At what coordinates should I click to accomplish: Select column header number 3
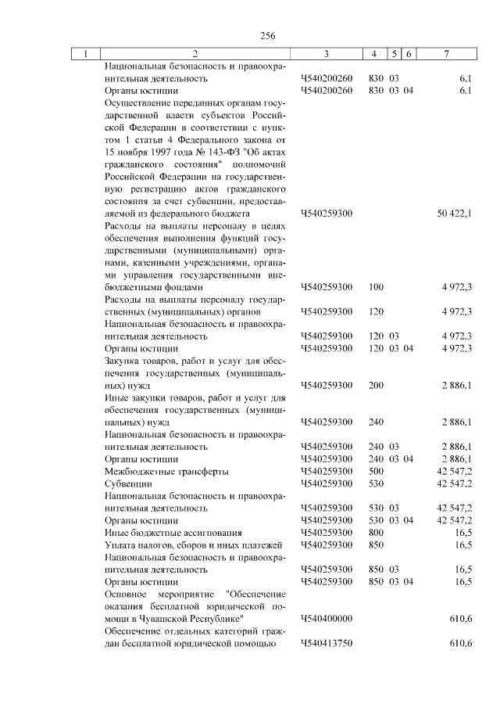pyautogui.click(x=326, y=53)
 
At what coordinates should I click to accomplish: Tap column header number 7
pyautogui.click(x=446, y=53)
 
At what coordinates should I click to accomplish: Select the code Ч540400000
pyautogui.click(x=327, y=618)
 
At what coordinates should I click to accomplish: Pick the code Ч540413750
pyautogui.click(x=327, y=643)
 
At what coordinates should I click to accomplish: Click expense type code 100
pyautogui.click(x=376, y=287)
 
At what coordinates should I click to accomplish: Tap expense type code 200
pyautogui.click(x=376, y=386)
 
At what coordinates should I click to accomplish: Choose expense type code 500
pyautogui.click(x=376, y=471)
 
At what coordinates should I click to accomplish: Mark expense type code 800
pyautogui.click(x=376, y=532)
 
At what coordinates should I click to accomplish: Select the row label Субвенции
pyautogui.click(x=127, y=483)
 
